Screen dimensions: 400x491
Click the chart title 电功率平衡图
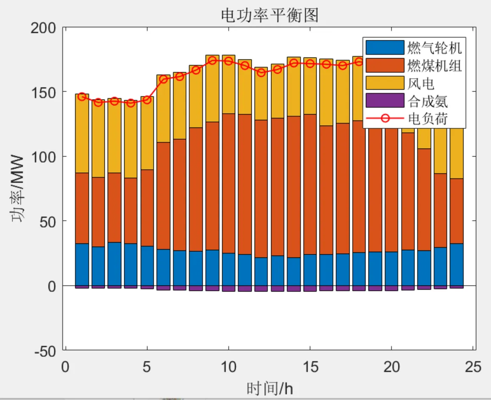[270, 16]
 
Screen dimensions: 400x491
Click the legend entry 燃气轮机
[434, 47]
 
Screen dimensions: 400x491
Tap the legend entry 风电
[421, 83]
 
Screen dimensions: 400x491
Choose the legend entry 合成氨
[427, 101]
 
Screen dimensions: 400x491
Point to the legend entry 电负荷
[427, 119]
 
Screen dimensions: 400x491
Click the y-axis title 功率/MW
[17, 189]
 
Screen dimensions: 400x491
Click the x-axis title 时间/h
[270, 388]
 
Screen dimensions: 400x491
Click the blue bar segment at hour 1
[82, 264]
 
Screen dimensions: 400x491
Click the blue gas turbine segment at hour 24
[457, 264]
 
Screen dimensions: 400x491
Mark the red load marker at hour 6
[164, 79]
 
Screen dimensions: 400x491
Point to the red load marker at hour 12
[261, 73]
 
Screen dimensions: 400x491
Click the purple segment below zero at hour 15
[310, 289]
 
